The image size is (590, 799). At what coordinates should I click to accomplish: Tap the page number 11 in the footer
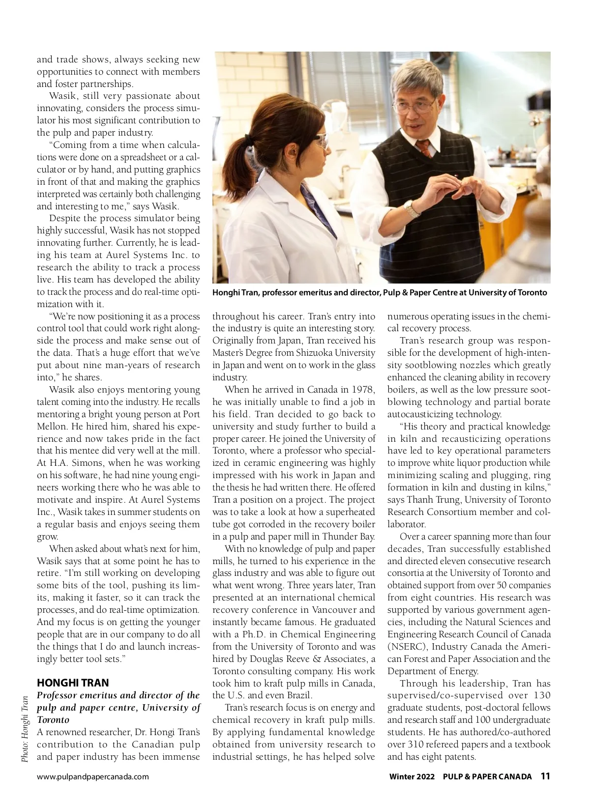click(545, 776)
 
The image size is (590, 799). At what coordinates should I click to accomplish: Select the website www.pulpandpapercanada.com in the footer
click(93, 777)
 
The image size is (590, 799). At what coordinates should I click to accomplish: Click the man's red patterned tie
click(424, 147)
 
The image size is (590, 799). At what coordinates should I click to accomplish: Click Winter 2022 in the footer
click(412, 777)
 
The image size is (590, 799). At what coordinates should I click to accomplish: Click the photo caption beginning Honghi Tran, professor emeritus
click(380, 293)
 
